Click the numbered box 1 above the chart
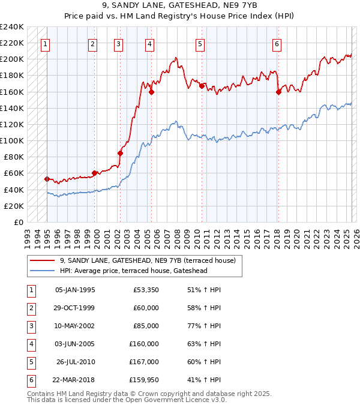pos(46,43)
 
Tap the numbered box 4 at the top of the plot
pos(149,43)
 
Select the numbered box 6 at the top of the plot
pos(277,43)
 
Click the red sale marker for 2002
pos(120,153)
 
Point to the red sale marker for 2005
pos(151,92)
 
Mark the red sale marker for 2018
pos(278,92)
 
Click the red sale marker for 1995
pos(47,179)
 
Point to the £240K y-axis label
pos(12,27)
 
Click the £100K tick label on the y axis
pos(12,140)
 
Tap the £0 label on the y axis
pos(18,222)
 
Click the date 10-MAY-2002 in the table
pos(75,326)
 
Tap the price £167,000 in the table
pos(144,362)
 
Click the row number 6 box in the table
pos(30,380)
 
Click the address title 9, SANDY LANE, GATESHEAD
pos(180,6)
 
